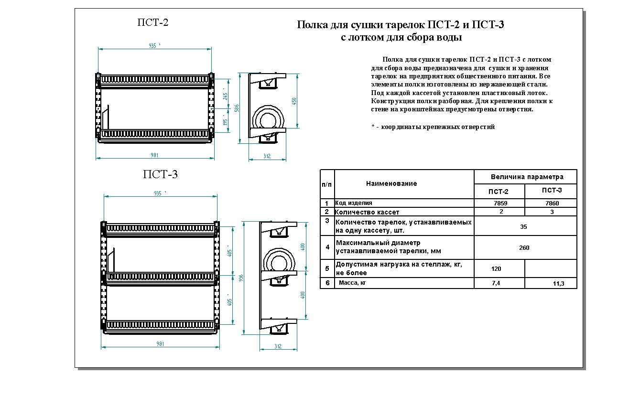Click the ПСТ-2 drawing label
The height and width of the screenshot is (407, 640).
tap(153, 22)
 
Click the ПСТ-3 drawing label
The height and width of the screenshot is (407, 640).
tap(160, 174)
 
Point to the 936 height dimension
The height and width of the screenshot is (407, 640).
tap(241, 277)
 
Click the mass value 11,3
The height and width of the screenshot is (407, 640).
tap(558, 284)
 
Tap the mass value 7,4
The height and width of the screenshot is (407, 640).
tap(496, 283)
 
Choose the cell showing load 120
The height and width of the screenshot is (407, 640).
tap(496, 269)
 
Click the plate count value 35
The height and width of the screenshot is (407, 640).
tap(523, 227)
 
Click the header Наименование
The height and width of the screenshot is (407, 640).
tap(391, 183)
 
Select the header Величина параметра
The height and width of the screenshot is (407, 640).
tap(527, 177)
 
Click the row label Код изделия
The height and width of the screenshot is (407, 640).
tap(354, 203)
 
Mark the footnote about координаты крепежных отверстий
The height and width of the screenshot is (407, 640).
tap(433, 127)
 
